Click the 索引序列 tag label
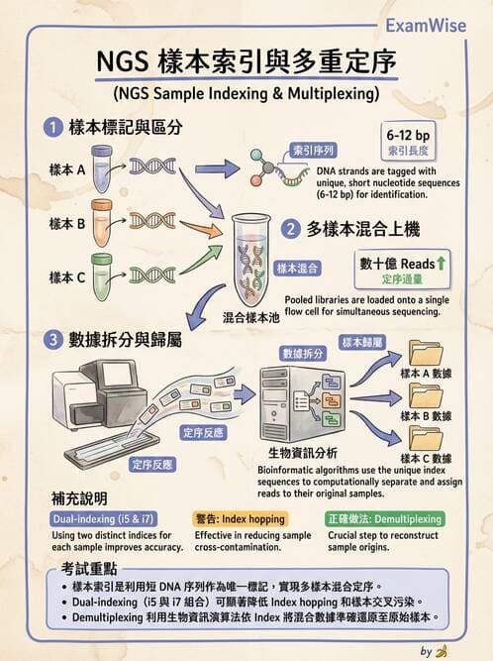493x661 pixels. click(x=312, y=151)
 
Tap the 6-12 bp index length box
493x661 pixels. click(x=406, y=143)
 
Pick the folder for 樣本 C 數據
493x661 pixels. click(x=427, y=438)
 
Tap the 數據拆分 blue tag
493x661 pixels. click(x=303, y=353)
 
